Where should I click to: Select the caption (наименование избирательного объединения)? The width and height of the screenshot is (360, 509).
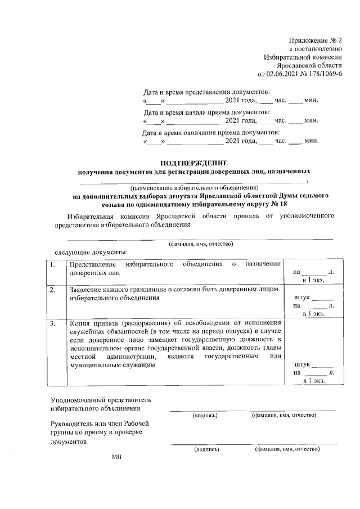point(193,187)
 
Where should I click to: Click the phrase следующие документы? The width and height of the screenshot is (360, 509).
point(91,252)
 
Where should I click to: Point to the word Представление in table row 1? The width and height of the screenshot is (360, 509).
point(92,264)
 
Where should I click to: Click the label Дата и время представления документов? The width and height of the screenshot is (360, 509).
point(206,92)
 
